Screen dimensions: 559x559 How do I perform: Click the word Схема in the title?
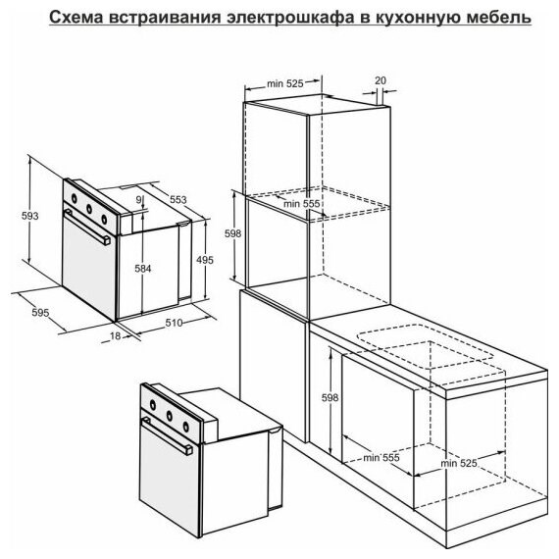pyautogui.click(x=76, y=17)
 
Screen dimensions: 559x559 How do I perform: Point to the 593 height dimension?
pyautogui.click(x=30, y=216)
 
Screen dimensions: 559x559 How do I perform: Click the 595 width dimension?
pyautogui.click(x=40, y=313)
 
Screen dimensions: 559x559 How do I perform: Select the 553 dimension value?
pyautogui.click(x=178, y=199)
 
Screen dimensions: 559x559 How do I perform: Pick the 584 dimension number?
pyautogui.click(x=143, y=269)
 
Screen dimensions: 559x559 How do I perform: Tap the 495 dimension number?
pyautogui.click(x=205, y=260)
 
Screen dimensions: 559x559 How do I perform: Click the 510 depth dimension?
pyautogui.click(x=174, y=323)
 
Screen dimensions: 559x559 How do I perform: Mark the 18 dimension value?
pyautogui.click(x=115, y=335)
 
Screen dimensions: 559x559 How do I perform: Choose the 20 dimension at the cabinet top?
pyautogui.click(x=381, y=80)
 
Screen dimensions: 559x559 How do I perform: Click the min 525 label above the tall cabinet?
pyautogui.click(x=285, y=83)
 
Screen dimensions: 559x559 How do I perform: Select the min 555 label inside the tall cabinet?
pyautogui.click(x=302, y=204)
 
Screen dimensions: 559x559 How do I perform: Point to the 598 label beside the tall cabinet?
pyautogui.click(x=232, y=233)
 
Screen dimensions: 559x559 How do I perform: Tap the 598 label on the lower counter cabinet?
pyautogui.click(x=330, y=397)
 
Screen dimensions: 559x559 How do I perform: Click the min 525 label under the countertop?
pyautogui.click(x=459, y=463)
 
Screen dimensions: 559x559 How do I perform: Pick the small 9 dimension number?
pyautogui.click(x=139, y=200)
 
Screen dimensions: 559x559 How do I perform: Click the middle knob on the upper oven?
pyautogui.click(x=89, y=209)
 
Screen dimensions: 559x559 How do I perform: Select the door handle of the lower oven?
pyautogui.click(x=167, y=436)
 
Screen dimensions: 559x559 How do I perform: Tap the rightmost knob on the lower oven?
pyautogui.click(x=185, y=426)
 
